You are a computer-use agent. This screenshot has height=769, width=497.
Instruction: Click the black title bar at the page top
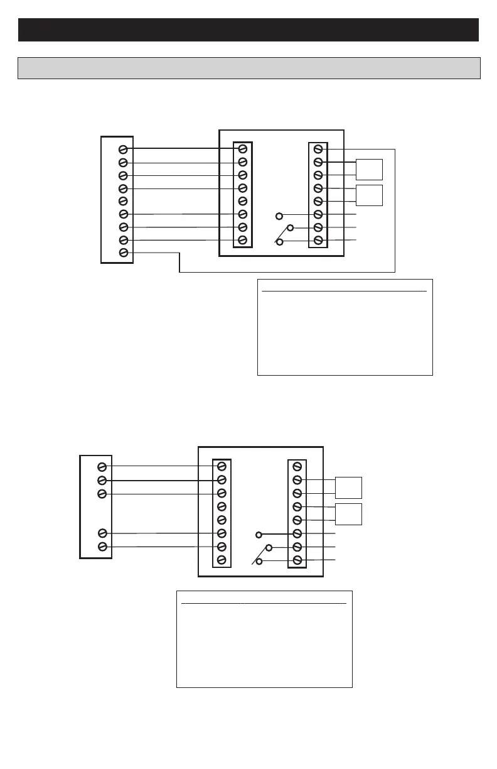(248, 30)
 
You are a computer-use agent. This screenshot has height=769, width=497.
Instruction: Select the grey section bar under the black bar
(248, 68)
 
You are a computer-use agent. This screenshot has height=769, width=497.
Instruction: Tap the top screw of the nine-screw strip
(124, 150)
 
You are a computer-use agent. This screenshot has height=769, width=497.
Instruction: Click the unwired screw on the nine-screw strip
(124, 201)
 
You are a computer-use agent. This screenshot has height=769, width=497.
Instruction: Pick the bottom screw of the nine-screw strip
(124, 253)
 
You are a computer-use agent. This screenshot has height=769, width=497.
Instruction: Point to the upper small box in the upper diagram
(369, 170)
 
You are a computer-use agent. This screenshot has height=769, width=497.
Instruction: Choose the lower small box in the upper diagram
(369, 195)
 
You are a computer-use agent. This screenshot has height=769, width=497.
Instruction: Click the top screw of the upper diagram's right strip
(318, 149)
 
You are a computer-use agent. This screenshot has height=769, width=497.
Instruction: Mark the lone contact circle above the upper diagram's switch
(280, 216)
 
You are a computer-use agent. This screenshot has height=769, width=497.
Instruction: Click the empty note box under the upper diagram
(345, 327)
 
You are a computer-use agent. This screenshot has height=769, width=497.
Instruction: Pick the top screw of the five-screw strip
(102, 467)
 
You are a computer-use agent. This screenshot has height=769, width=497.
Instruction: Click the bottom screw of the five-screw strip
(102, 547)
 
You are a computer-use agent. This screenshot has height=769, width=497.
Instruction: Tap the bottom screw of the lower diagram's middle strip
(222, 560)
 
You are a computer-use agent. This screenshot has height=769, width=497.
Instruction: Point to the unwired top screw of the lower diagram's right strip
(297, 467)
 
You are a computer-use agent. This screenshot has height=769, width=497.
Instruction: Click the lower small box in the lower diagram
(348, 514)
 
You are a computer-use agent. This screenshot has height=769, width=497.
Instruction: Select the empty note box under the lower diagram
(264, 639)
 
